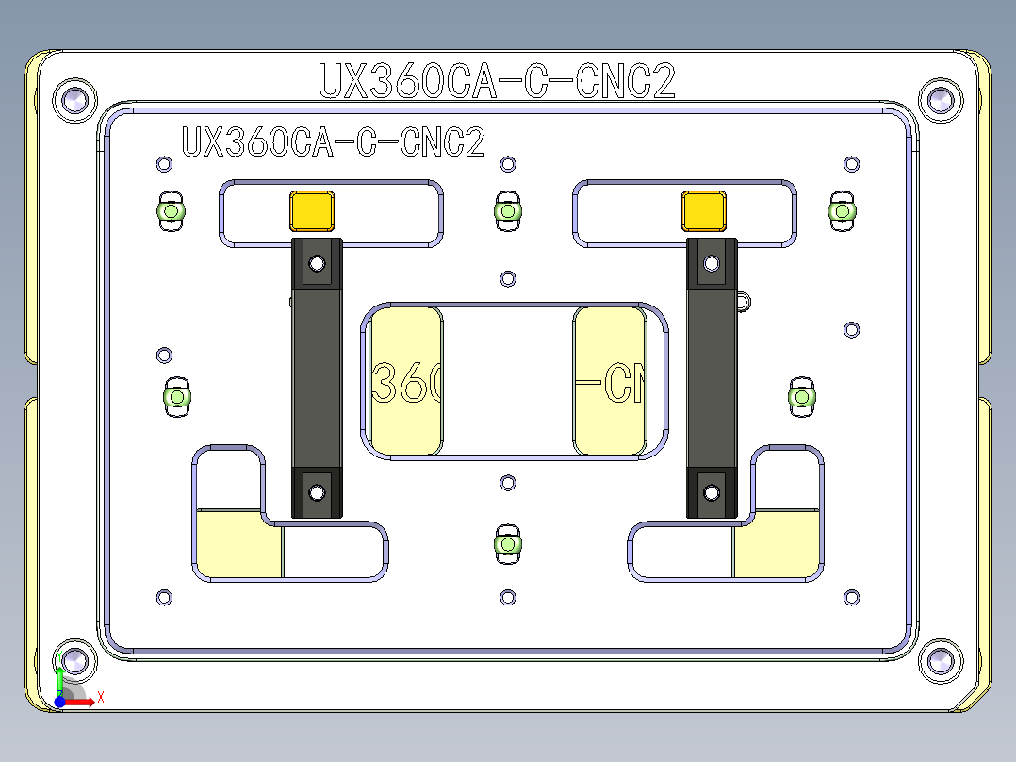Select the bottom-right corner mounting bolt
click(940, 661)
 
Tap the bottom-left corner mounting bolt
click(75, 661)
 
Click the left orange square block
click(312, 211)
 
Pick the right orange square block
click(704, 211)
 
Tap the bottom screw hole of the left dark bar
click(317, 491)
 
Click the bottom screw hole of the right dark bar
click(712, 491)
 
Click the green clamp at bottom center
click(507, 545)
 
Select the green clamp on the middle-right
click(801, 397)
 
